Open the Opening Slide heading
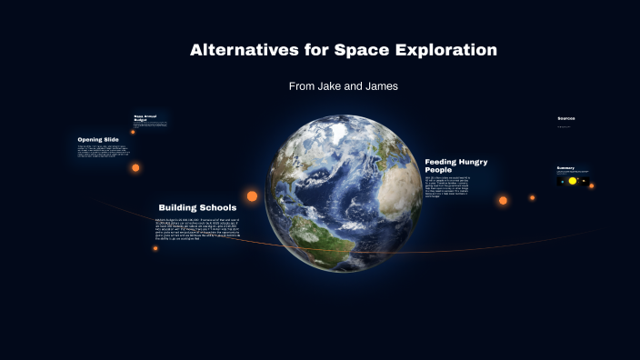97,139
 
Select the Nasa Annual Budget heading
147,117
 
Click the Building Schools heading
197,207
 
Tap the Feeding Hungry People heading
455,165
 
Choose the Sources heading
566,118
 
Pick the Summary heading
565,168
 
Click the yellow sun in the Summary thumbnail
573,181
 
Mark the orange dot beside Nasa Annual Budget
133,132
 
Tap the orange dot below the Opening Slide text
135,167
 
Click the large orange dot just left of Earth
252,195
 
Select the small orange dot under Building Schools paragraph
155,248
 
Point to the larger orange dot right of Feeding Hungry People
503,200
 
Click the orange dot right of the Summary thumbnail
591,185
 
